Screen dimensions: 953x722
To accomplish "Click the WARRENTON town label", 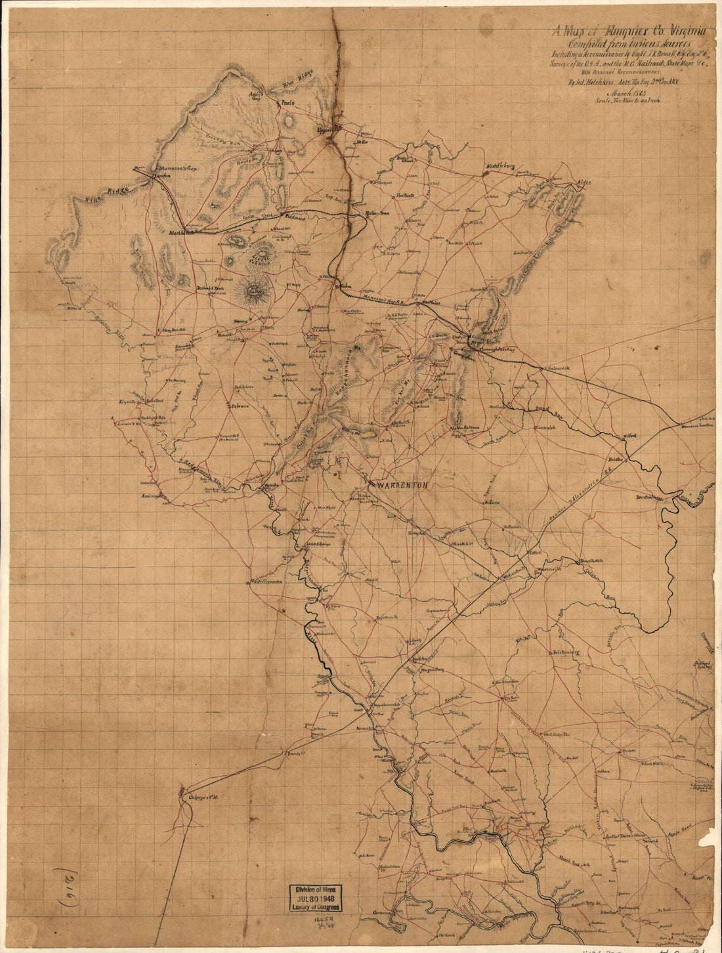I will (x=402, y=485).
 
